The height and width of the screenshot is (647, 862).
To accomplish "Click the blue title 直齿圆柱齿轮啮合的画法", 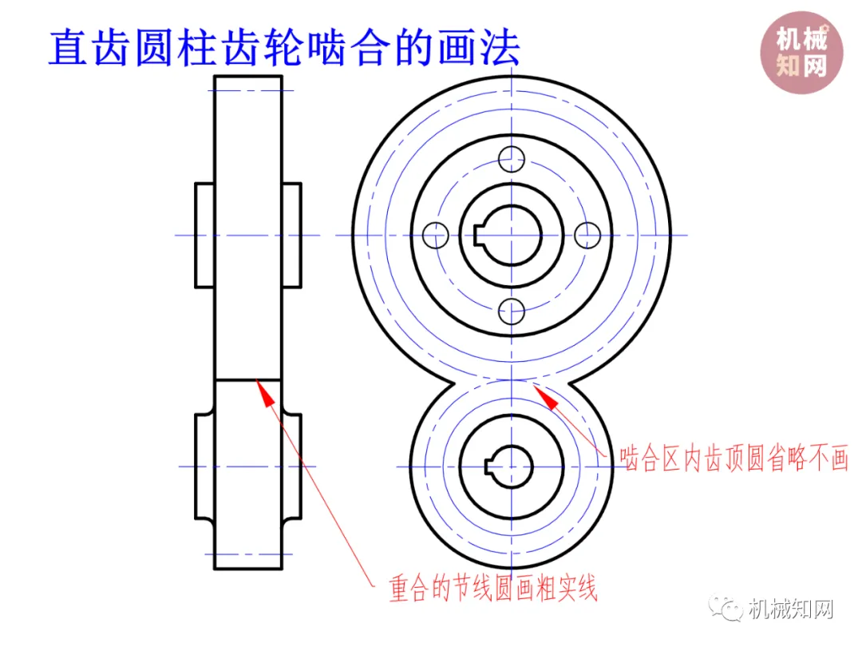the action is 284,47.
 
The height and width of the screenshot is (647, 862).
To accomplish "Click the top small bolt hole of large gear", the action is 511,159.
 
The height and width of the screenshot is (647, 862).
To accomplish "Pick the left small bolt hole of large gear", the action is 435,235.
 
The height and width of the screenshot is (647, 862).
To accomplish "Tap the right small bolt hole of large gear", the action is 587,235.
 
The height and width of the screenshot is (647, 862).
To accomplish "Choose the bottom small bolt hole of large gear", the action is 511,311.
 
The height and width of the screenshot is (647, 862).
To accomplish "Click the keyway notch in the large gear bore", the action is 477,235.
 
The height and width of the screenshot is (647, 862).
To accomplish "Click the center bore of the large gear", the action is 511,235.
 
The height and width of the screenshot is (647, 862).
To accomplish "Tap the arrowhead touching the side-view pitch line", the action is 259,386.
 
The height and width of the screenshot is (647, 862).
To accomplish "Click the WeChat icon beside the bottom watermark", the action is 729,609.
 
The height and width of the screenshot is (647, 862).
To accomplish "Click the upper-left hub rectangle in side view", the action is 205,235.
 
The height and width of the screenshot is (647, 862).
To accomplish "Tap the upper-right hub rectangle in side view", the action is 292,235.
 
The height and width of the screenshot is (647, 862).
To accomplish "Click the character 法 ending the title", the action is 500,47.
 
